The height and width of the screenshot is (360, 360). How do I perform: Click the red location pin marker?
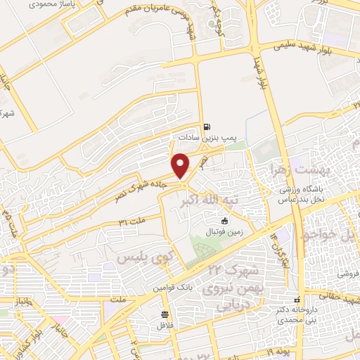181,165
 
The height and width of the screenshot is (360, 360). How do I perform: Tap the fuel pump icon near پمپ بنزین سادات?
206,127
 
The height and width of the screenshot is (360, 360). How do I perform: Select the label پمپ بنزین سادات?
204,138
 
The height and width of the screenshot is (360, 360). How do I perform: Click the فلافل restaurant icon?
165,314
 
